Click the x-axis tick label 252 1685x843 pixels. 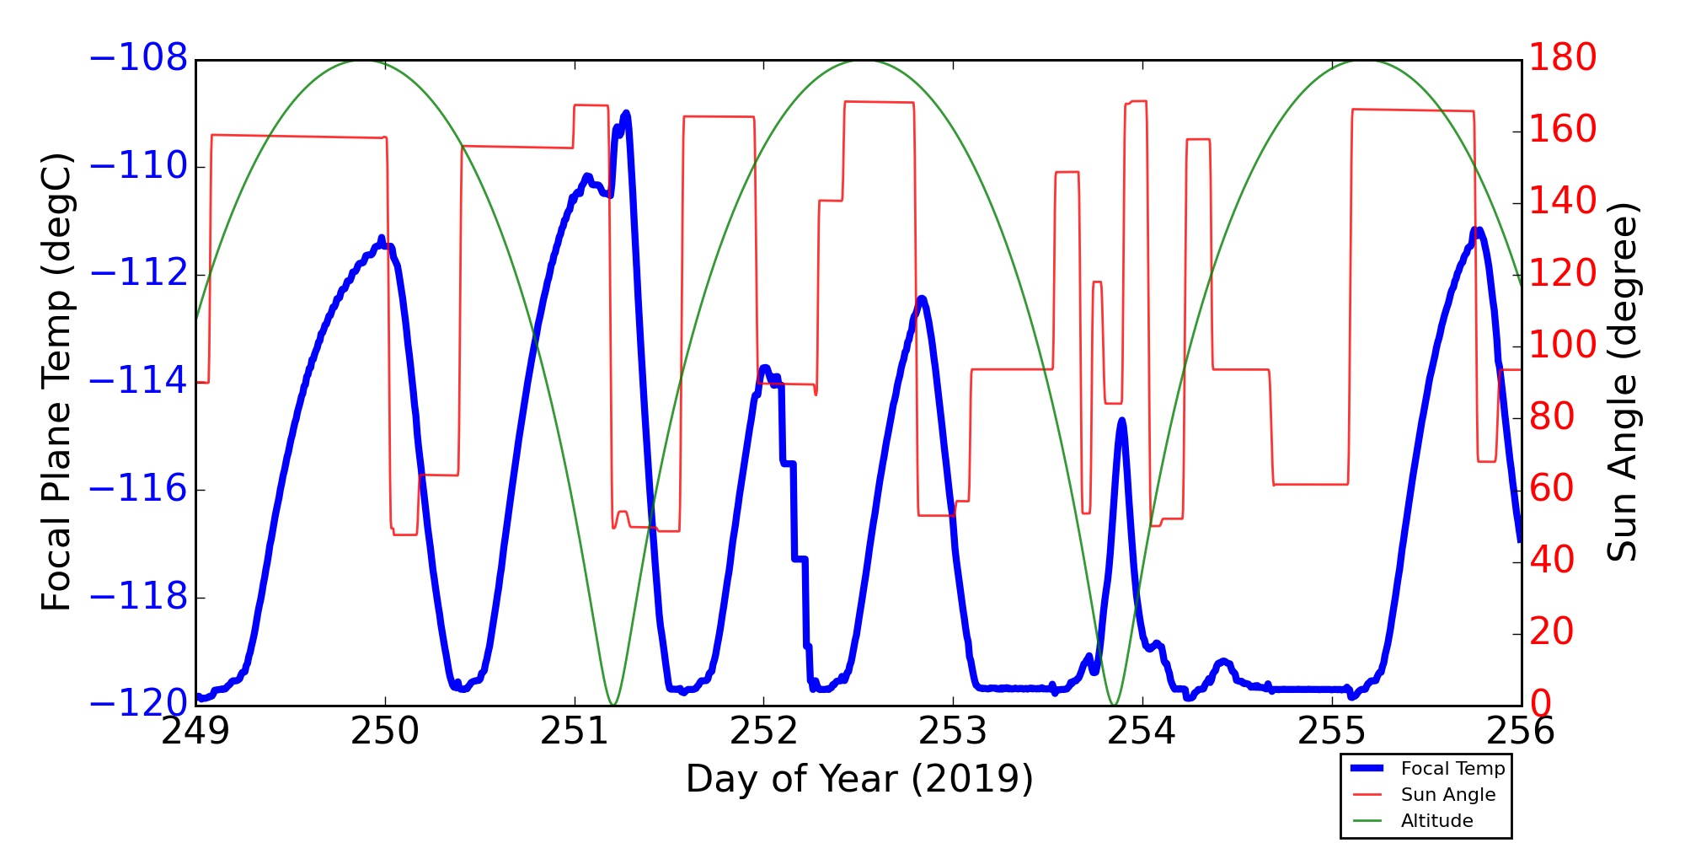763,731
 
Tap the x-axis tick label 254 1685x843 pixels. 1142,731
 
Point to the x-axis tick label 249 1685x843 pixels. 195,731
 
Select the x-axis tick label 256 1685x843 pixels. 1520,731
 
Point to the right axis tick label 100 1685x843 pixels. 1562,345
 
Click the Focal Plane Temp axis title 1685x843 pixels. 56,382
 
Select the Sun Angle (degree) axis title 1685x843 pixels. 1622,382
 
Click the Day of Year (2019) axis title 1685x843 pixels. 859,779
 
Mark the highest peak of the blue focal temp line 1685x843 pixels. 626,113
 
